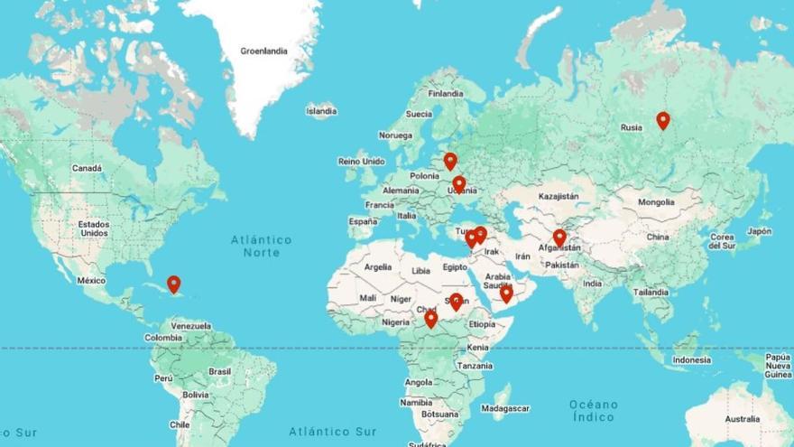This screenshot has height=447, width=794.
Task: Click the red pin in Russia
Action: coord(663,120)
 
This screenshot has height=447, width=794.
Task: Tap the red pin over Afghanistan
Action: coord(559,237)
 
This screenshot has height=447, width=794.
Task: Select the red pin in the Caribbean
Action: coord(173,284)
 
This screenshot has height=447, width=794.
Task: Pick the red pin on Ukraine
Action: coord(458,184)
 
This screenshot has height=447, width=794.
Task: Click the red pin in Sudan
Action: coord(457,302)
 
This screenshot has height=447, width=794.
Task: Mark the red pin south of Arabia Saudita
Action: coord(506,293)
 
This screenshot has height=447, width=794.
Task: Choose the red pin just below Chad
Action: coord(430,318)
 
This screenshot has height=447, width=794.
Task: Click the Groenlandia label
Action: coord(263,51)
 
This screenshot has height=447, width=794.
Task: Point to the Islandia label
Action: coord(321,111)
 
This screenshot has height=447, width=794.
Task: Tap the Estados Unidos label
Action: coord(93,228)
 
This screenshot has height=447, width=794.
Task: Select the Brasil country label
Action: coord(220,371)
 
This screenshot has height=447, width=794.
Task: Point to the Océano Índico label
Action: coord(594,411)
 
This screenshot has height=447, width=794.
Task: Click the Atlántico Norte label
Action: coord(261,246)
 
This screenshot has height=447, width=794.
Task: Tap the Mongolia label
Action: coord(656,202)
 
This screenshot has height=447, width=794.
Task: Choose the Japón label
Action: coord(759,231)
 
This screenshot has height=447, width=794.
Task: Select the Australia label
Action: coord(742,419)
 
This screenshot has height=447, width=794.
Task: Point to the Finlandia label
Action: coord(445,93)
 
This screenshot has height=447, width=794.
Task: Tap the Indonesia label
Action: coord(692,359)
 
